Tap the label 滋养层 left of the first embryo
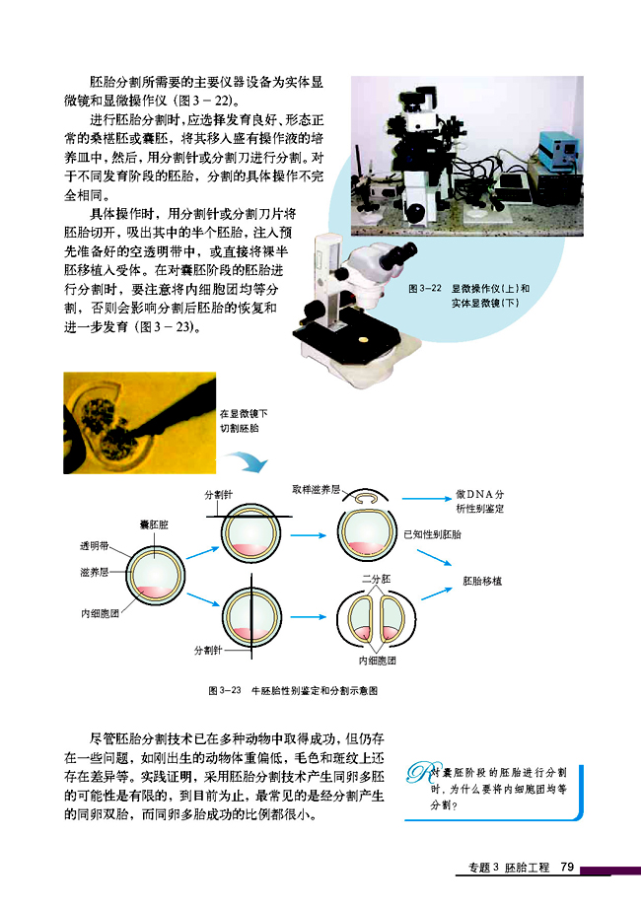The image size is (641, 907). [x=95, y=571]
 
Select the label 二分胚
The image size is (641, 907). [x=377, y=577]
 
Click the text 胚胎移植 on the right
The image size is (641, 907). [x=482, y=582]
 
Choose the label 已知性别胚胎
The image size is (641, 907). [x=433, y=533]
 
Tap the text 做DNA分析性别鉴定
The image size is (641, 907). [x=480, y=500]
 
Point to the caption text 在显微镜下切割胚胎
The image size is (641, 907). [x=244, y=422]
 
